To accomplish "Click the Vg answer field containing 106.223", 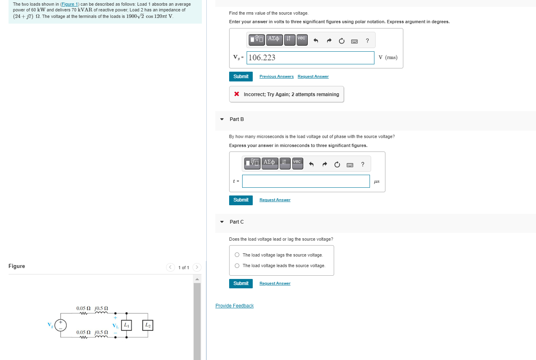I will point(310,58).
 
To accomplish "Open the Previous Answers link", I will point(276,77).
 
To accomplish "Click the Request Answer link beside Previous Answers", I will point(313,77).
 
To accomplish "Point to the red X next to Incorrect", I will point(236,94).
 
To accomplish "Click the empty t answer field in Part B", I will point(306,181).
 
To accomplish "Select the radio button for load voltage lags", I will point(237,255).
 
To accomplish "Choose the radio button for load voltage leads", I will point(237,266).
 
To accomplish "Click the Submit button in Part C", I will point(241,283).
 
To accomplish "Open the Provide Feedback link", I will point(234,306).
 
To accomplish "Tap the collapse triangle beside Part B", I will point(222,119).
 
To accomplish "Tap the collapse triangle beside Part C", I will point(222,222).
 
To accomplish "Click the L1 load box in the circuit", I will point(127,325).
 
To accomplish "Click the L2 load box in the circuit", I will point(148,325).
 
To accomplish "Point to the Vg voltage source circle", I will point(61,325).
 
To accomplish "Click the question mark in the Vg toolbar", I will point(368,40).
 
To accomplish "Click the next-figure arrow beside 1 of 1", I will point(197,268).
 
